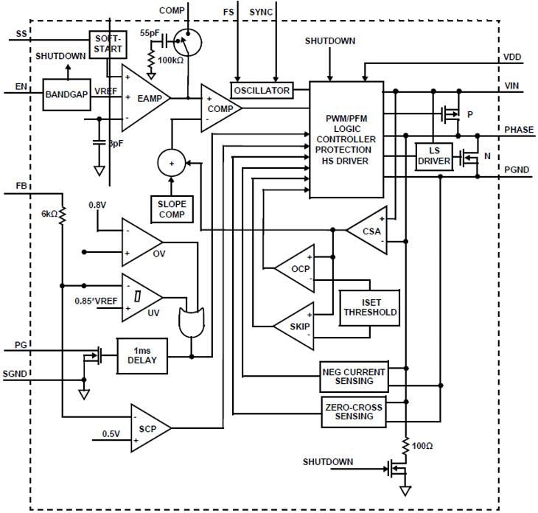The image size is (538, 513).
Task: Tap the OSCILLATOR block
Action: coord(261,91)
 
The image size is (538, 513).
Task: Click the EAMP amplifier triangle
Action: coord(144,97)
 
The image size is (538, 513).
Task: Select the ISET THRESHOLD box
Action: coord(369,307)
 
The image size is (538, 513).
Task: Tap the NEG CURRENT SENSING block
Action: coord(354,375)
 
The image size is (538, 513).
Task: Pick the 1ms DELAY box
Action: coord(142,356)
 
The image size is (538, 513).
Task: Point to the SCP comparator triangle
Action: coord(150,427)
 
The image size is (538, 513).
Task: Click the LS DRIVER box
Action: coord(433,156)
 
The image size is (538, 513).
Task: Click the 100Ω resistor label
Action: coord(424,446)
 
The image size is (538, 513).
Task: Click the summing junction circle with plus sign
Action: coord(172,162)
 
